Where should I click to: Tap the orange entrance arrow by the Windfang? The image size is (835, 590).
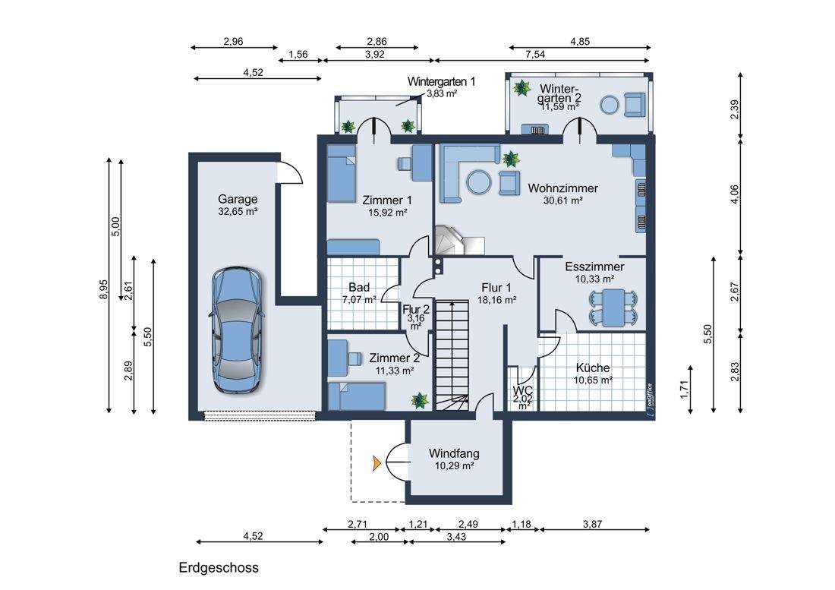(377, 464)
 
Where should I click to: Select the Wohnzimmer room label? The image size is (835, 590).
(563, 188)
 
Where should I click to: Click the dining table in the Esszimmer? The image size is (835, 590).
(613, 308)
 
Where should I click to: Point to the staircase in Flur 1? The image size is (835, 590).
(452, 355)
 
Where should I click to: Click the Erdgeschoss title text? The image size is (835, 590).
(219, 568)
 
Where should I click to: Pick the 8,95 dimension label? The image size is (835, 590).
(103, 290)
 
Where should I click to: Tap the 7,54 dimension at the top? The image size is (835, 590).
(535, 54)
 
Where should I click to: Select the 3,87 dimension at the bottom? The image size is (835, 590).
(592, 524)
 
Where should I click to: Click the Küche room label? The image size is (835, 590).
(593, 368)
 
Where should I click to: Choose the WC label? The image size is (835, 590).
(523, 390)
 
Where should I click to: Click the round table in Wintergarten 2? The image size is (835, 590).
(610, 105)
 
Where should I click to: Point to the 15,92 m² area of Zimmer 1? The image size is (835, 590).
(387, 213)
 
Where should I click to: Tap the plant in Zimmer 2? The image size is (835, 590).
(420, 400)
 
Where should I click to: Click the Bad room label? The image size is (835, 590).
(359, 288)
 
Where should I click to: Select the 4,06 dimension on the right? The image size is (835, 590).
(735, 194)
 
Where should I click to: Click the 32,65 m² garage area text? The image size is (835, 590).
(238, 211)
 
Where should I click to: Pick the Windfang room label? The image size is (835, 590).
(454, 453)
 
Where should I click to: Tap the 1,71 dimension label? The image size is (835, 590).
(684, 390)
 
